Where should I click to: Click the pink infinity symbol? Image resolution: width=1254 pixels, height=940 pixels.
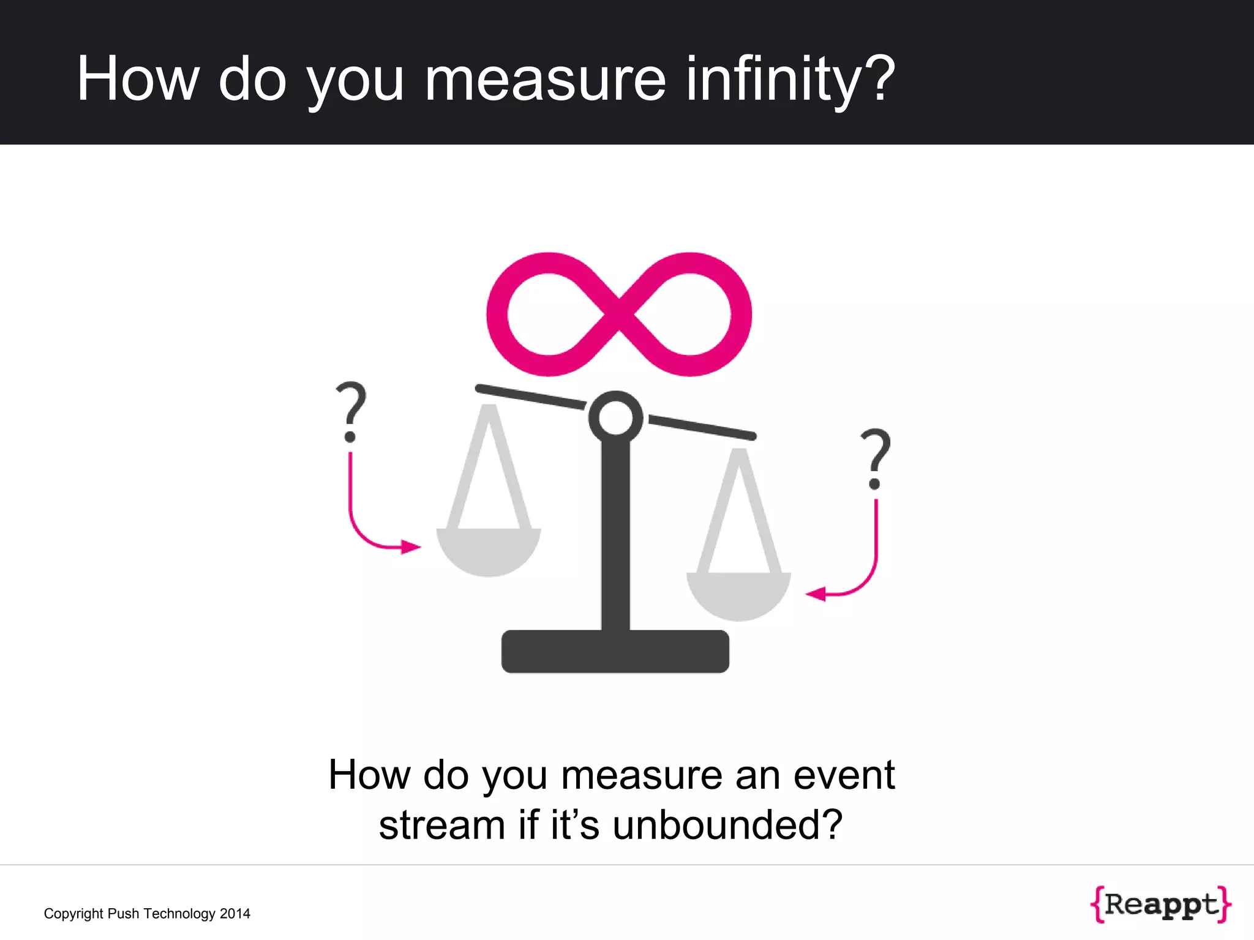click(618, 314)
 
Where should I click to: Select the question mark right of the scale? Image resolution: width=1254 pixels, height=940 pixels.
click(876, 458)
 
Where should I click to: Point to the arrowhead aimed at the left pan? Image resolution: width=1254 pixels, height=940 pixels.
click(411, 546)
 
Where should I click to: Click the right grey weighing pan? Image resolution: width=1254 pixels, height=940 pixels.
click(738, 594)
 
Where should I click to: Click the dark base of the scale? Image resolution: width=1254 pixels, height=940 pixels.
click(615, 652)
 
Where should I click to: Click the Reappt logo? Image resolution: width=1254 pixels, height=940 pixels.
click(1160, 904)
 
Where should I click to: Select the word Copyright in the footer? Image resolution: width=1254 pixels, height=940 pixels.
click(73, 914)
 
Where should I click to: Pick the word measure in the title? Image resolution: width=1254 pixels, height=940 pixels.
click(545, 80)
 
